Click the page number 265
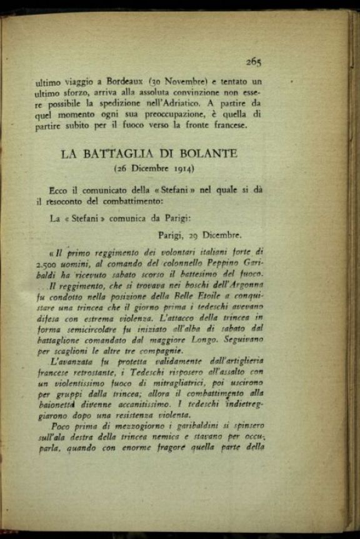coord(253,61)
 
